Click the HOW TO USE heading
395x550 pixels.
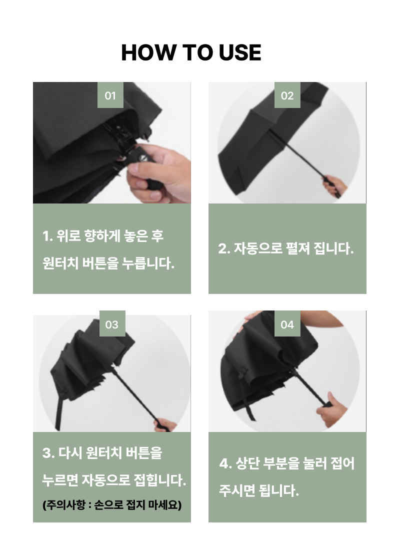pyautogui.click(x=191, y=52)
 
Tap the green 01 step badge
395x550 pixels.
pyautogui.click(x=110, y=95)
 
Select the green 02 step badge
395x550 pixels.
pyautogui.click(x=287, y=95)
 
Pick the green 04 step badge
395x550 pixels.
pyautogui.click(x=287, y=324)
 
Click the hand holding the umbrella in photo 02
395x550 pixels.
pyautogui.click(x=334, y=185)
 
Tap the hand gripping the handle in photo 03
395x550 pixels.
pyautogui.click(x=165, y=424)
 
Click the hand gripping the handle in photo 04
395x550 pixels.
pyautogui.click(x=331, y=410)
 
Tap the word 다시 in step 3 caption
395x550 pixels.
pyautogui.click(x=70, y=452)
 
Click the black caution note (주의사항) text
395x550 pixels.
pyautogui.click(x=112, y=505)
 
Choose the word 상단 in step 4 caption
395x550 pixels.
pyautogui.click(x=247, y=463)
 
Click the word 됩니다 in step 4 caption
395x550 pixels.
pyautogui.click(x=279, y=490)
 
